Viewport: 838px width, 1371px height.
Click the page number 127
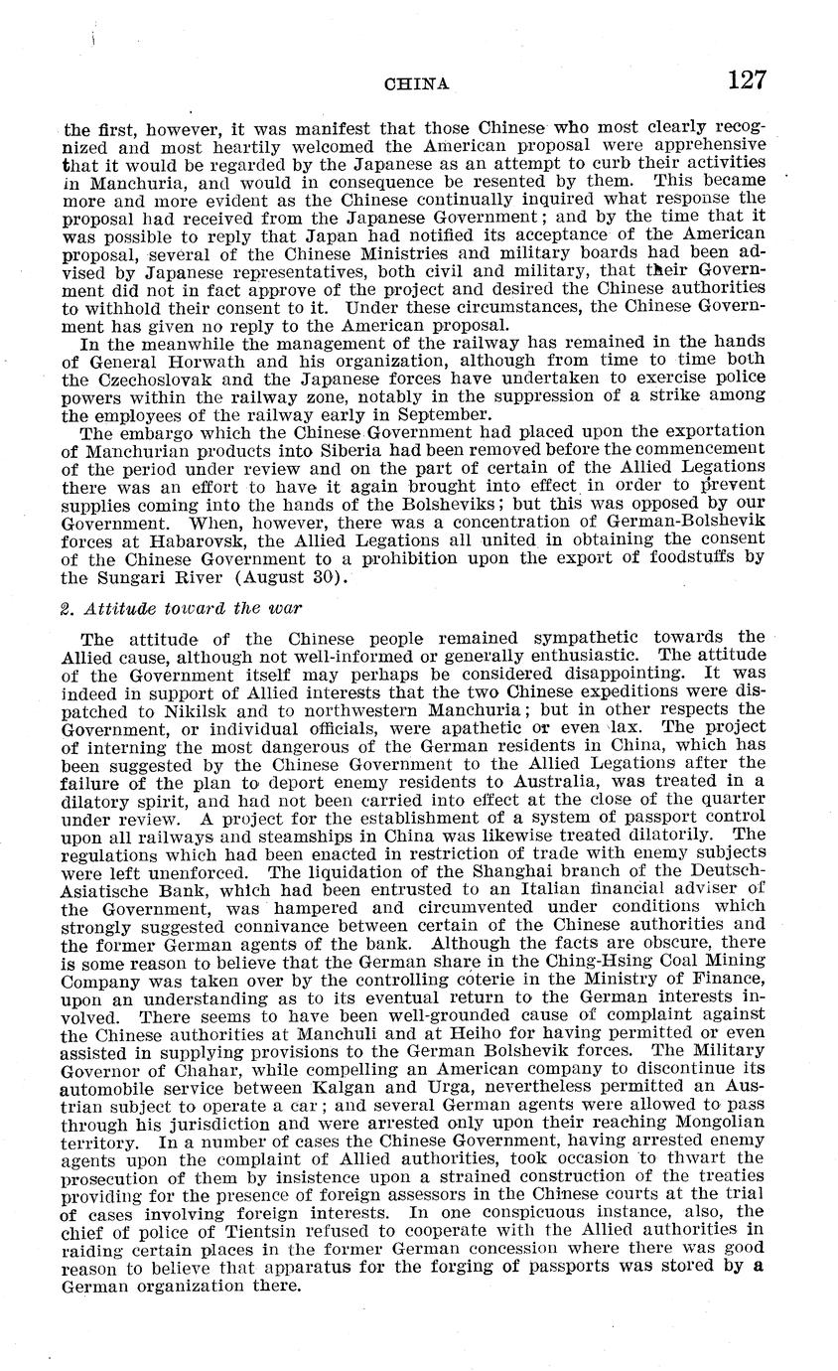746,80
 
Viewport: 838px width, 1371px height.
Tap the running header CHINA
416,85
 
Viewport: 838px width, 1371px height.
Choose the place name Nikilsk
182,709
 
